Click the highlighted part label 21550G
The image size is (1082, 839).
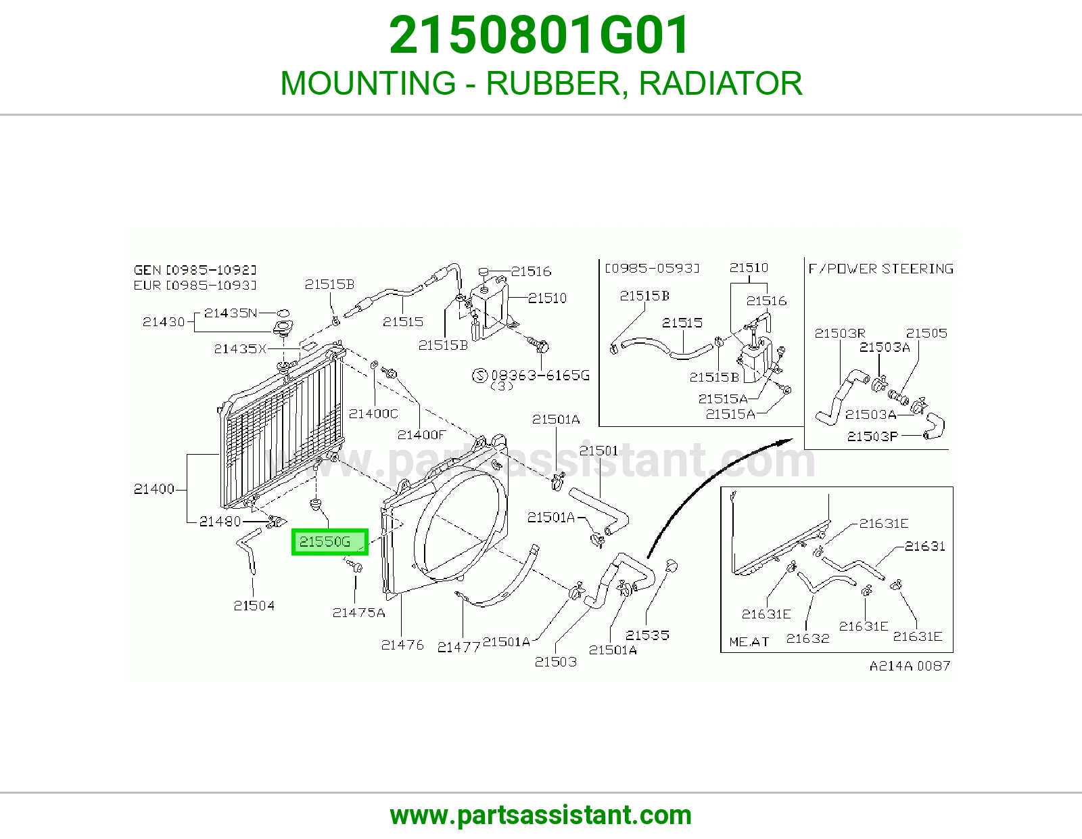[x=329, y=541]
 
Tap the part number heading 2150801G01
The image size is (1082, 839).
[x=540, y=35]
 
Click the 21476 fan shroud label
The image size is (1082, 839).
[x=402, y=645]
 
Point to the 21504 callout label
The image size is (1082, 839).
[x=254, y=606]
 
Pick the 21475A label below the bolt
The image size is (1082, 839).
[x=358, y=612]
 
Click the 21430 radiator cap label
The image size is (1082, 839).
[x=164, y=322]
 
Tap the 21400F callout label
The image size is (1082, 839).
[x=421, y=434]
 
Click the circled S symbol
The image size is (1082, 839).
[x=479, y=375]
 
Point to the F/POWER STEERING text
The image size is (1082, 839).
[x=880, y=269]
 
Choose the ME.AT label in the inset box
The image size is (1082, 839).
[x=749, y=641]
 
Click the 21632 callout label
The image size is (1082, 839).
[x=807, y=638]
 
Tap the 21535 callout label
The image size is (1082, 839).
[x=646, y=635]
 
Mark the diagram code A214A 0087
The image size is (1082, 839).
[x=910, y=666]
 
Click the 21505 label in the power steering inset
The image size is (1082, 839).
[x=926, y=333]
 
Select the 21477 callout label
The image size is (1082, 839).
[x=458, y=647]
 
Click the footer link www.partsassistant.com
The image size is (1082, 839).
[x=541, y=815]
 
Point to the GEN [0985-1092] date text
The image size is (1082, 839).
[x=195, y=270]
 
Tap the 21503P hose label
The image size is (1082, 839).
[x=872, y=436]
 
